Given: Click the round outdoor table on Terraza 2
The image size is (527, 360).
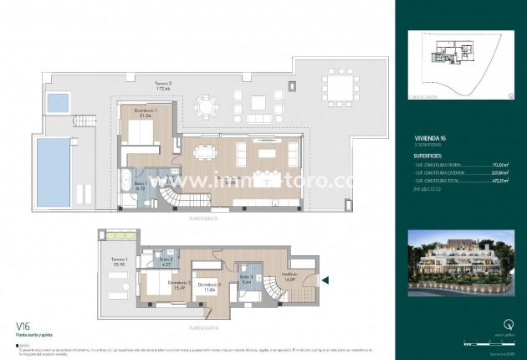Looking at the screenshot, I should [x=204, y=106].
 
